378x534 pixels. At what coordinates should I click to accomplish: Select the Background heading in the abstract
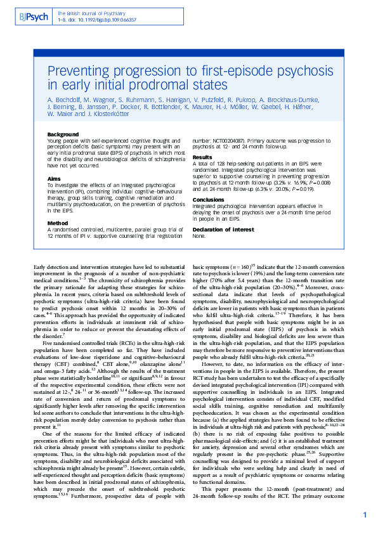click(x=63, y=135)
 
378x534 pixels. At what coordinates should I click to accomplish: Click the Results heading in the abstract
click(x=202, y=157)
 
